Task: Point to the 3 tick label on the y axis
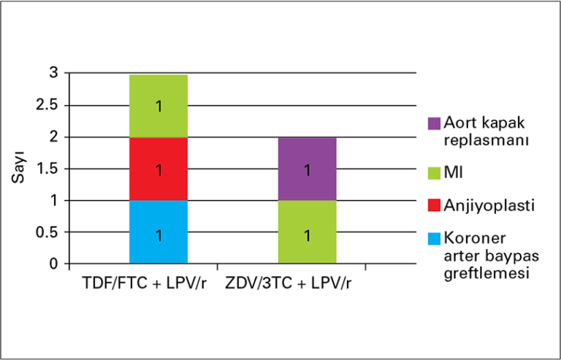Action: (53, 73)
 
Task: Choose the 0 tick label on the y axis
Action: (53, 264)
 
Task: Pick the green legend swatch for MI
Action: (435, 172)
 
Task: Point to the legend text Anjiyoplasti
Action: (489, 207)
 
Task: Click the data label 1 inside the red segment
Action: (159, 170)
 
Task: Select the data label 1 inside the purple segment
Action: (307, 170)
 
